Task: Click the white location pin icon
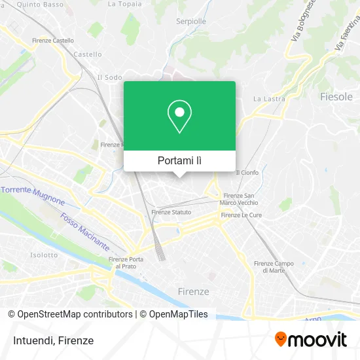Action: [179, 117]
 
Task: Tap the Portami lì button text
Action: [179, 160]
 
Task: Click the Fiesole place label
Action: [336, 97]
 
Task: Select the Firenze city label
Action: [194, 291]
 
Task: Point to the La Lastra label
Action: [266, 99]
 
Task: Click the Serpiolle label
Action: [191, 21]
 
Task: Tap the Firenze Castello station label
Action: [53, 41]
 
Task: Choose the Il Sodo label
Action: [109, 77]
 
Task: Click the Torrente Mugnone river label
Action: [33, 195]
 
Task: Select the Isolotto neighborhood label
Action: [44, 255]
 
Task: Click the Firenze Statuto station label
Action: [171, 212]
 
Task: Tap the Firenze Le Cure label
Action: [242, 215]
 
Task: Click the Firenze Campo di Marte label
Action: [273, 266]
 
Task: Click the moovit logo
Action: [310, 339]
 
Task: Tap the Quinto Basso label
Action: [41, 5]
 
